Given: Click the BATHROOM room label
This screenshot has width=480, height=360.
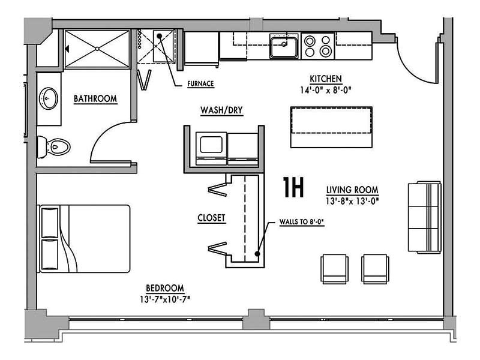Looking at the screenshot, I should tap(95, 98).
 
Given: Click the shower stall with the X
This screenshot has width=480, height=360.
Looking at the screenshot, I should tap(97, 49).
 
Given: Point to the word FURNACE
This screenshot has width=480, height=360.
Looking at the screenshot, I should tap(201, 83).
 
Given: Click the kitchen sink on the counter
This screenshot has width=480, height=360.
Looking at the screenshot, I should tap(284, 46).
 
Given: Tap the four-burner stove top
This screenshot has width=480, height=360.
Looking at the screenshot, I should tap(318, 46).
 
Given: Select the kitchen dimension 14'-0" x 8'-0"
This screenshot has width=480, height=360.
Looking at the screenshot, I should tap(326, 90).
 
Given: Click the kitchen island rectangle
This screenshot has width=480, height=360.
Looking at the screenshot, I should tap(331, 127).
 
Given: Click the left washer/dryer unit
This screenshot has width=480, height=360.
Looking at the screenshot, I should tap(211, 147).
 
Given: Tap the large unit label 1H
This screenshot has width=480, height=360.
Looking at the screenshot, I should tap(293, 188).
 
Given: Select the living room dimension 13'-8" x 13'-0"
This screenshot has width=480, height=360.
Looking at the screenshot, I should tap(352, 200).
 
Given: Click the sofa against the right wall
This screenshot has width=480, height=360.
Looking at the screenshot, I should tap(424, 217).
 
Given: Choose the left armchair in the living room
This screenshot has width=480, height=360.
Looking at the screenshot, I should tap(334, 268).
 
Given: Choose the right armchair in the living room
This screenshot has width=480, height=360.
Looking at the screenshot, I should tap(374, 268).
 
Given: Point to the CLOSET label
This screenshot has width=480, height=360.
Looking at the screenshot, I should tap(211, 218).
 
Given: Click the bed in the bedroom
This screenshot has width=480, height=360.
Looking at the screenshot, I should tap(84, 238).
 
